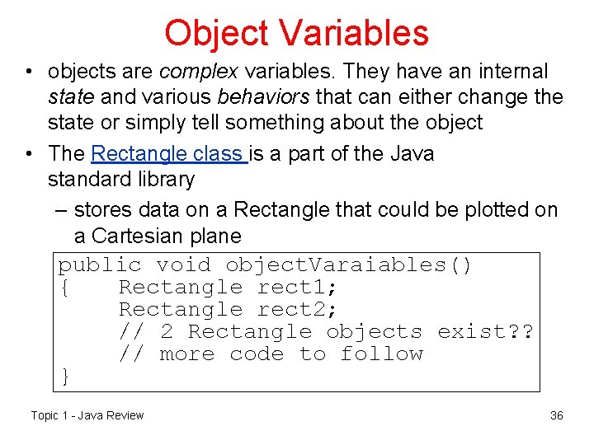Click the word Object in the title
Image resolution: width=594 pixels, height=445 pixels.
click(216, 34)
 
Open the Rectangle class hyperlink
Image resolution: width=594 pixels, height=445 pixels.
click(169, 154)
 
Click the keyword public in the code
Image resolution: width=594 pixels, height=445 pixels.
click(99, 265)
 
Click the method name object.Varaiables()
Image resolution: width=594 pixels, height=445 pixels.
click(349, 265)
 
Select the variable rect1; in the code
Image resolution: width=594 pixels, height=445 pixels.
click(298, 288)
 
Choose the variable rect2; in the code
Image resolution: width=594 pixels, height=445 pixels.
click(298, 310)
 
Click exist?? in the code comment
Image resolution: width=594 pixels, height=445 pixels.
click(486, 332)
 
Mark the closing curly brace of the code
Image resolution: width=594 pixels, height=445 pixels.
click(65, 377)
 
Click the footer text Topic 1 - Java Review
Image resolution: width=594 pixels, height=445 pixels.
click(87, 415)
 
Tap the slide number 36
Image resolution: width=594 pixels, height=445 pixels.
click(556, 415)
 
